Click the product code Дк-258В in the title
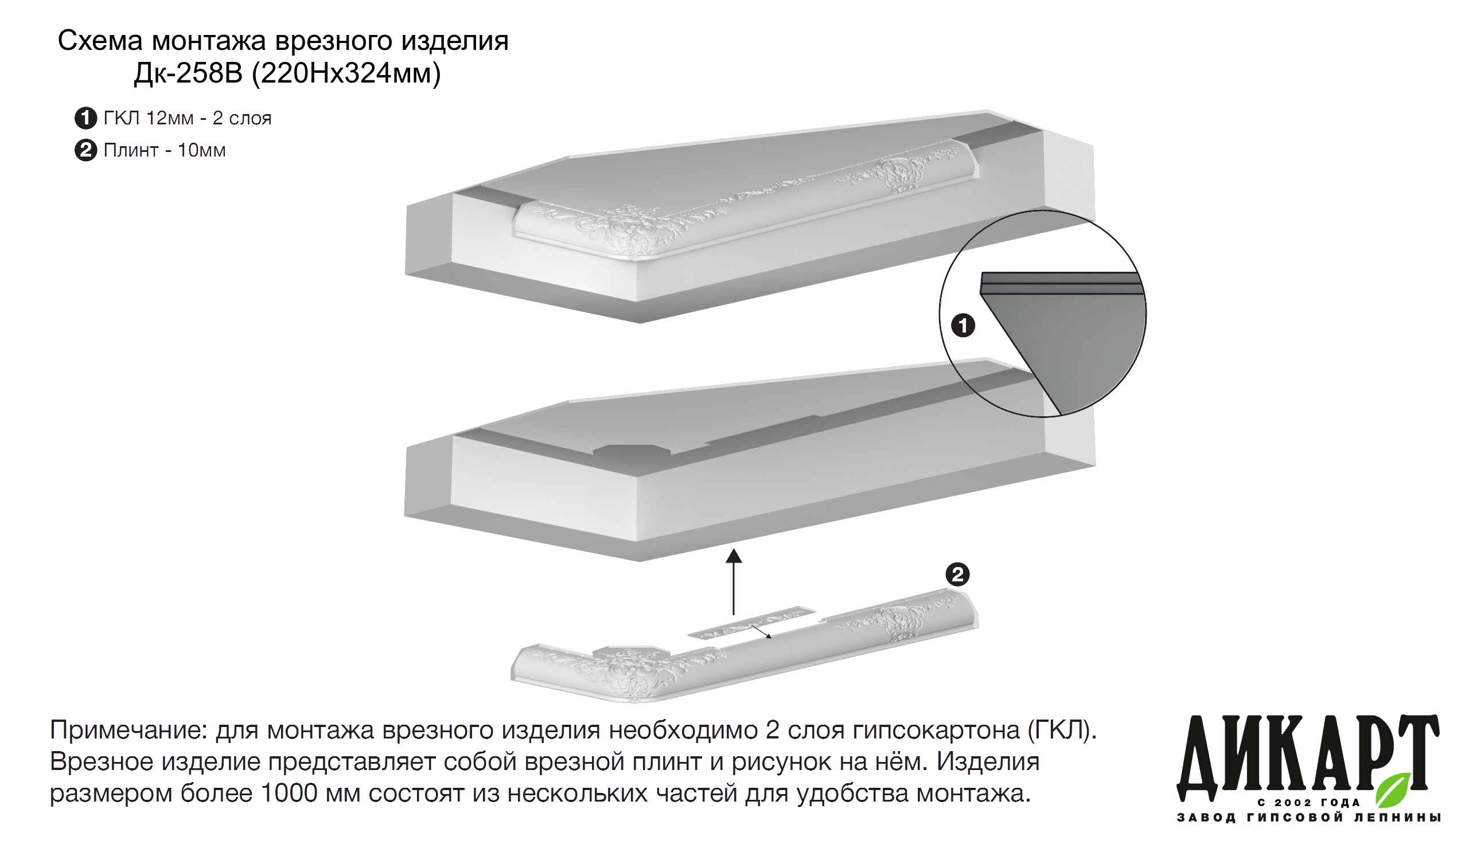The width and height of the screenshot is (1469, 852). (x=188, y=73)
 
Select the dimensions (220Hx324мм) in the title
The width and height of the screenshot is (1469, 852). (x=346, y=74)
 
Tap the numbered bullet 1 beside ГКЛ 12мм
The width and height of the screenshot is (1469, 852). (x=85, y=118)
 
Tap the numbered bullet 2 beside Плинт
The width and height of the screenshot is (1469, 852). (x=85, y=150)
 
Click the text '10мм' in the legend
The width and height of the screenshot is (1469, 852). (x=202, y=150)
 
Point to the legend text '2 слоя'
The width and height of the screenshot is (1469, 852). (x=242, y=118)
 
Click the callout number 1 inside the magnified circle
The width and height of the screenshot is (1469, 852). (x=963, y=325)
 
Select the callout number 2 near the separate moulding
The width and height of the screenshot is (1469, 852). (x=957, y=574)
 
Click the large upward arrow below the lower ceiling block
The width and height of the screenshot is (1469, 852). (x=733, y=581)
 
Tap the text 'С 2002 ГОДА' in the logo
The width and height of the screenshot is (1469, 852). (x=1309, y=803)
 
